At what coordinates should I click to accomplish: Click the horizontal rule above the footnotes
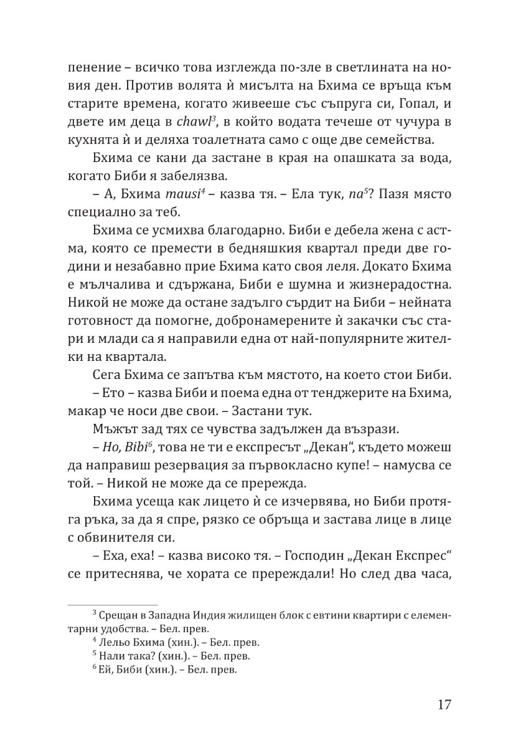click(111, 605)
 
